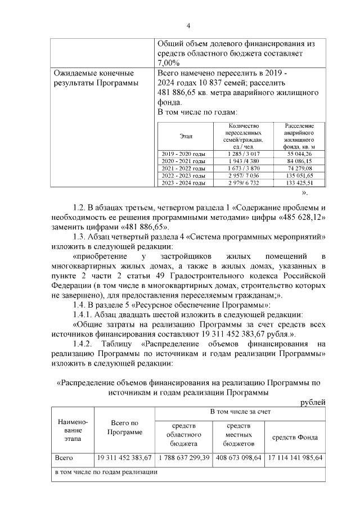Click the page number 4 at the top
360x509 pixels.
pyautogui.click(x=188, y=26)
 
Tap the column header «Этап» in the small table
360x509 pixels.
pyautogui.click(x=186, y=136)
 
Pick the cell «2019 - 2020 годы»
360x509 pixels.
pyautogui.click(x=183, y=154)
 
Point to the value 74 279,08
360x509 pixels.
pyautogui.click(x=299, y=168)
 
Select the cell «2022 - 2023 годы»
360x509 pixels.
pyautogui.click(x=183, y=175)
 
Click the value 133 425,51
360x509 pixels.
pyautogui.click(x=299, y=183)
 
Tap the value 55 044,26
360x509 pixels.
pyautogui.click(x=299, y=154)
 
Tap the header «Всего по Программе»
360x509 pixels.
pyautogui.click(x=124, y=427)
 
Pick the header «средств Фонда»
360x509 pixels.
pyautogui.click(x=295, y=437)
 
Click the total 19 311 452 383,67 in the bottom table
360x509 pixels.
pyautogui.click(x=124, y=458)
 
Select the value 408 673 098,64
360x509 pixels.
pyautogui.click(x=238, y=458)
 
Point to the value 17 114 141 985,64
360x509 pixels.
pyautogui.click(x=295, y=458)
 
